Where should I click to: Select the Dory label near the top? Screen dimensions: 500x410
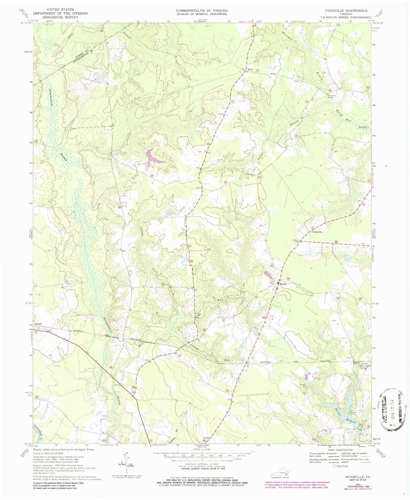point(250,69)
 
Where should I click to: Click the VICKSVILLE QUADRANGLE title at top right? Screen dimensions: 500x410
point(344,10)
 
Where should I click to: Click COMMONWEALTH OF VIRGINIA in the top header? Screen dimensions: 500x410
point(202,10)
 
